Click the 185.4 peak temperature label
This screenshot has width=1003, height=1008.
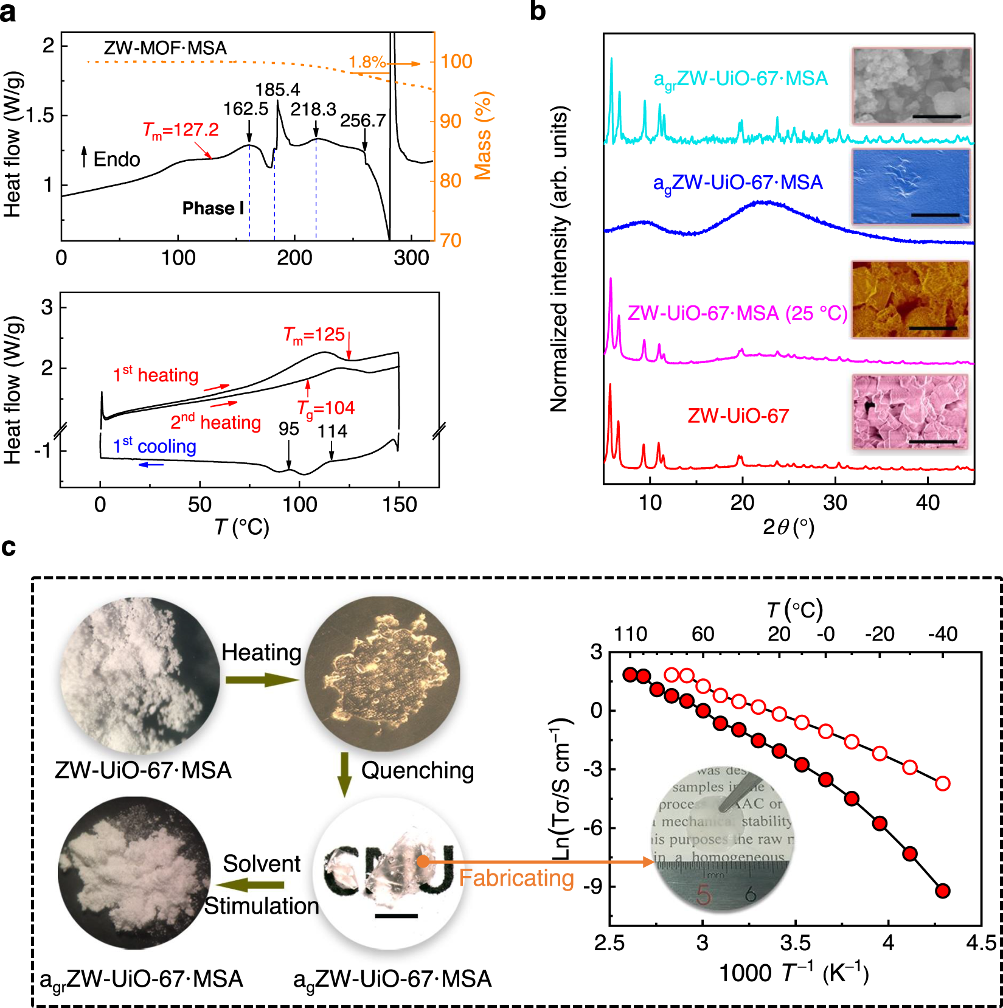(277, 90)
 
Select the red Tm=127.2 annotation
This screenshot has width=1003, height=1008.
(181, 130)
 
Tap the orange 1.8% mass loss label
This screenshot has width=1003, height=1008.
(367, 62)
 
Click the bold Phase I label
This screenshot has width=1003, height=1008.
(213, 209)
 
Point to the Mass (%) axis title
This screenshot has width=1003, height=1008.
(483, 136)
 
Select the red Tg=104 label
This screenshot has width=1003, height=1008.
(326, 408)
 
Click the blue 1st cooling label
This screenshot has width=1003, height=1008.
(154, 447)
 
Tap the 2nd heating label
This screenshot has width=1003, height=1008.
(215, 422)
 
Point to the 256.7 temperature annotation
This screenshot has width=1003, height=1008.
(363, 120)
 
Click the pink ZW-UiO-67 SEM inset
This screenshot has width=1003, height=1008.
(909, 412)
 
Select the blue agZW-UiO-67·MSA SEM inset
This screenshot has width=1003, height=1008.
(911, 187)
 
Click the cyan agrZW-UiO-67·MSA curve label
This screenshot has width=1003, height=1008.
(740, 79)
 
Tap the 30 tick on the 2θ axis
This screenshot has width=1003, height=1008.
(835, 502)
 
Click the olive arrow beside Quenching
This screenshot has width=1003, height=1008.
(344, 774)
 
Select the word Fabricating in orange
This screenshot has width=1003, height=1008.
(516, 878)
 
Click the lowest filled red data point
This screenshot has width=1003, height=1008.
(943, 891)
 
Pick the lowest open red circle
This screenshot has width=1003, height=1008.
(943, 784)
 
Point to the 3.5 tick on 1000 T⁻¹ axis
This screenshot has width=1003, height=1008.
(795, 942)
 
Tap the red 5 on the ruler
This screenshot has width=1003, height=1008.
(704, 894)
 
